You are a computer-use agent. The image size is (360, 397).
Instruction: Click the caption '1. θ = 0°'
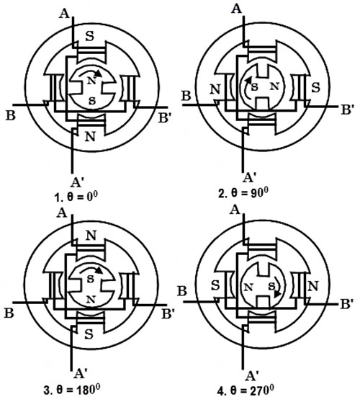click(x=76, y=197)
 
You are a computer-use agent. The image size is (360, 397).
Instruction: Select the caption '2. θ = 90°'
click(x=243, y=194)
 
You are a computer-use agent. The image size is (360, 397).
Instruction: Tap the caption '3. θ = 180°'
click(x=71, y=389)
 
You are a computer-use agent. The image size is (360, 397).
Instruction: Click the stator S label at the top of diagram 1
click(x=89, y=37)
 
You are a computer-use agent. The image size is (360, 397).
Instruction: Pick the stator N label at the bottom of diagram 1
click(x=90, y=137)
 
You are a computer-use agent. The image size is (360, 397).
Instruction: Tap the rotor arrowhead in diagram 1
click(x=98, y=73)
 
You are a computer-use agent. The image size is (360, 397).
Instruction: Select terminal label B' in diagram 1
click(x=165, y=118)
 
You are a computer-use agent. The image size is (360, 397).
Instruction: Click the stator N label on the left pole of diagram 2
click(x=215, y=89)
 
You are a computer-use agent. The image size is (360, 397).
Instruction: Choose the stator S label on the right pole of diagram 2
click(x=315, y=87)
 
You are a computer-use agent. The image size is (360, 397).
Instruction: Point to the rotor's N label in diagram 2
click(x=275, y=86)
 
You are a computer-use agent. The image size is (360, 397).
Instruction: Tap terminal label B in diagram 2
click(x=186, y=97)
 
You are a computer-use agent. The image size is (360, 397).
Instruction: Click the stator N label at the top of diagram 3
click(x=91, y=236)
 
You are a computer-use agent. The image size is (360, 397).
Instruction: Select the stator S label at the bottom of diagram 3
click(x=89, y=334)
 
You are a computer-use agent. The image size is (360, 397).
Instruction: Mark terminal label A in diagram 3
click(x=62, y=213)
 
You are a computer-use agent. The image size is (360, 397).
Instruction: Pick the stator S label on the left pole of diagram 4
click(x=215, y=286)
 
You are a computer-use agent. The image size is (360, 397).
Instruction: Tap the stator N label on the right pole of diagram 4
click(x=313, y=286)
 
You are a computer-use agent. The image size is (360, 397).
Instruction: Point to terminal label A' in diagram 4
click(x=251, y=376)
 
